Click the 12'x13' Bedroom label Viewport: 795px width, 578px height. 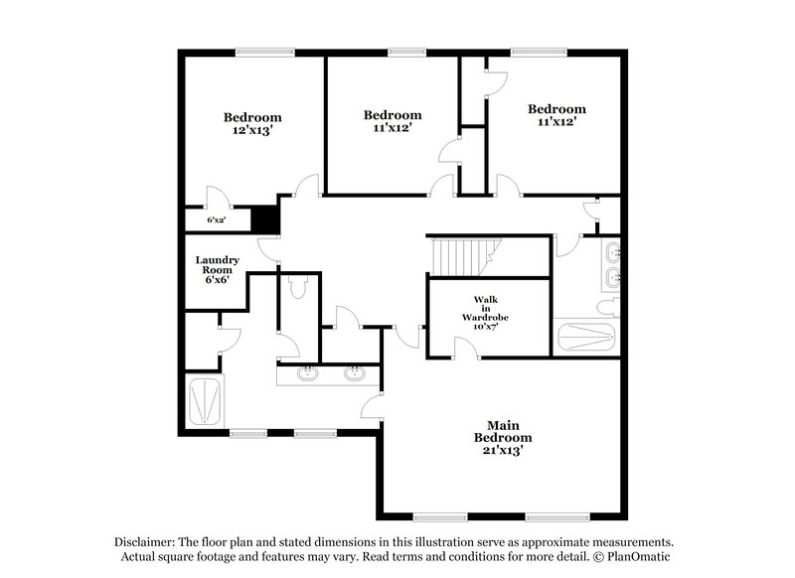(251, 123)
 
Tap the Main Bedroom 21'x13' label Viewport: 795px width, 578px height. (502, 437)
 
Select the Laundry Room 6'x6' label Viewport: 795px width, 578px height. (216, 269)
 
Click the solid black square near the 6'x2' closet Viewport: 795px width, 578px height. (263, 217)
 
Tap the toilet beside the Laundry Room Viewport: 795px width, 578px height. (296, 286)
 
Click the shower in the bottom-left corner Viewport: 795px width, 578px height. (206, 400)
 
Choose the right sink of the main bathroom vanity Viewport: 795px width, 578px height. (353, 373)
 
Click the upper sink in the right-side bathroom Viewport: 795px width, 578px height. (612, 249)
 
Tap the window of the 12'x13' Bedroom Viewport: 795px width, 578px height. (263, 53)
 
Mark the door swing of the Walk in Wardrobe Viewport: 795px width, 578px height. (463, 347)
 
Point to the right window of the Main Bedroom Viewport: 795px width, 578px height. (555, 515)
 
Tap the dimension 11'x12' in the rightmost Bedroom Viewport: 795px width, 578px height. (556, 121)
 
